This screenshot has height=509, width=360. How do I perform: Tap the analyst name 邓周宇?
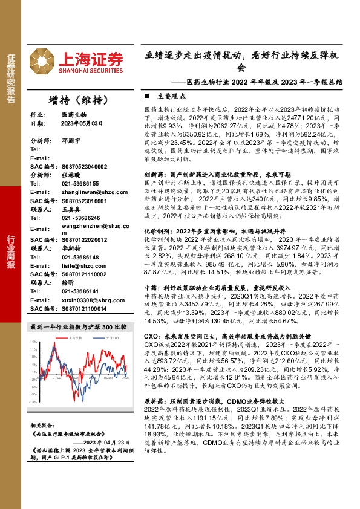71,139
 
